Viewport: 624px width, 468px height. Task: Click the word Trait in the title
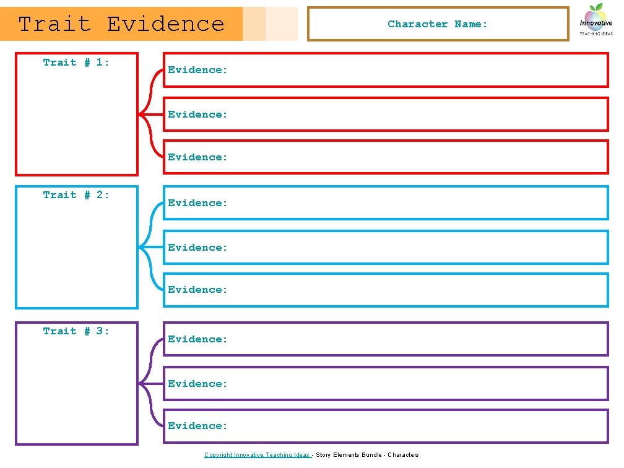click(54, 24)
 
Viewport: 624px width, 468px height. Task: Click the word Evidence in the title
click(165, 24)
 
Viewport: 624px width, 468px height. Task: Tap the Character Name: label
click(438, 24)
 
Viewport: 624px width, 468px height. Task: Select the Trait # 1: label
click(76, 62)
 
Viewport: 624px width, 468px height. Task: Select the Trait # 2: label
click(76, 194)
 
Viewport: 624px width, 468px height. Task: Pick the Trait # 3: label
click(76, 331)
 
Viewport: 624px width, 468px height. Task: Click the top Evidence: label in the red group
click(198, 70)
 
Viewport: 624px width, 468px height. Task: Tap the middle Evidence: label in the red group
click(198, 114)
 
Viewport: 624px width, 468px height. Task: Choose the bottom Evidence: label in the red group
click(198, 157)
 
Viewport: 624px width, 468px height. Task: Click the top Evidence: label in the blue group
click(198, 202)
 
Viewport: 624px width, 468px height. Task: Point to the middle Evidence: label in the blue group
click(198, 247)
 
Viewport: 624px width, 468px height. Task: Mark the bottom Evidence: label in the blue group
click(198, 289)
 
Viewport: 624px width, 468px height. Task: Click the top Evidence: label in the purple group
click(198, 339)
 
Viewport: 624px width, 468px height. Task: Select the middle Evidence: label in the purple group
click(198, 383)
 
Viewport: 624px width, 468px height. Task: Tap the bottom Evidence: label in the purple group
click(198, 425)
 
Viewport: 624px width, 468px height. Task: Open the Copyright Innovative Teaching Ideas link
click(257, 455)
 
